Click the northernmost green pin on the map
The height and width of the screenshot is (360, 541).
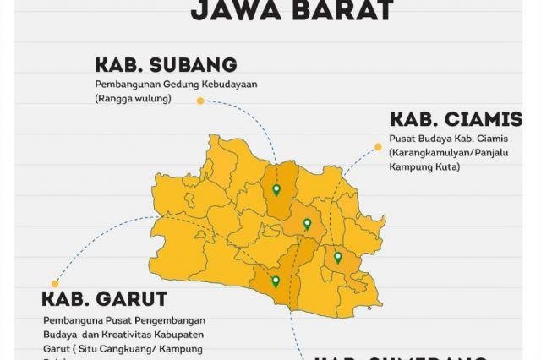pos(276,189)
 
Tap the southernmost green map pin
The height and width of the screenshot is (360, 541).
pos(275,281)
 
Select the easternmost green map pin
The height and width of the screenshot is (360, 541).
pos(337,257)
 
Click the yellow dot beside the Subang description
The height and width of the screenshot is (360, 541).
pos(200,101)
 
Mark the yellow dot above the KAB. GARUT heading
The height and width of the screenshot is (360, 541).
pos(55,284)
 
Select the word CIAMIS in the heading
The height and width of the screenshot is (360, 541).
pos(481,119)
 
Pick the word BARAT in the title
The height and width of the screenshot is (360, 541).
pos(338,10)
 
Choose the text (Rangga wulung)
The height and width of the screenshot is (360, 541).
pos(133,99)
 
